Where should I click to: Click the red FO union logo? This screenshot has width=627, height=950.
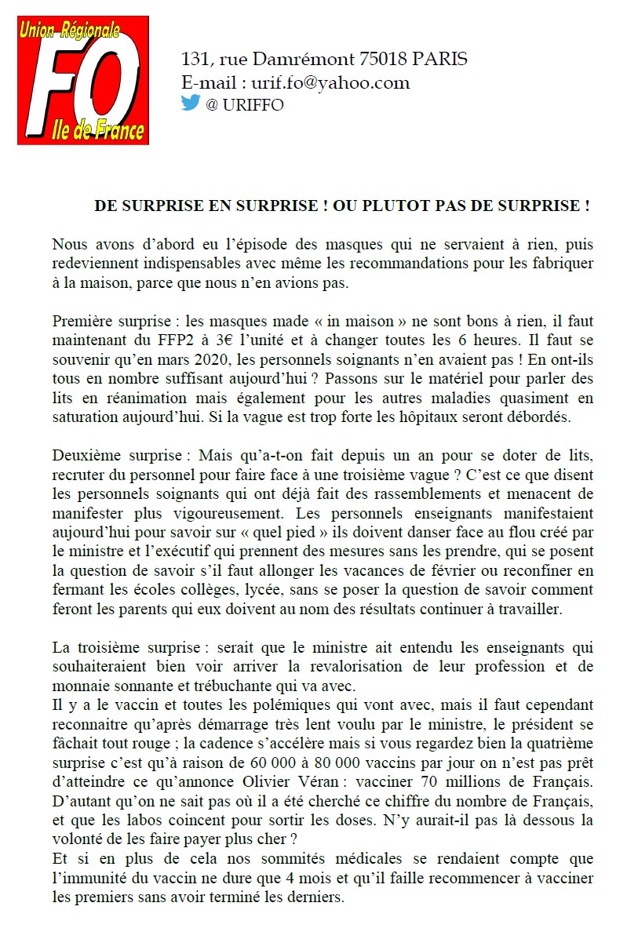pyautogui.click(x=83, y=82)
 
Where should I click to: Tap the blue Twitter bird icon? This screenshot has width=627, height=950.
pyautogui.click(x=191, y=104)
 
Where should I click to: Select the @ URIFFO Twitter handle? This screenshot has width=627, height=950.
pyautogui.click(x=244, y=105)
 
